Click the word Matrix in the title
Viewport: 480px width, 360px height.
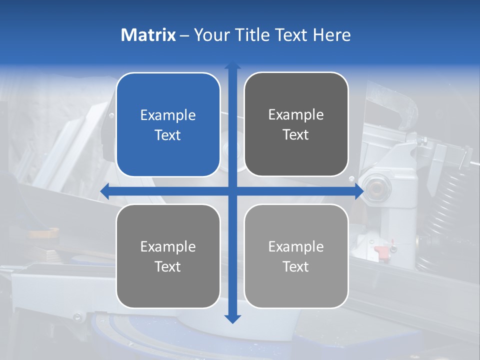click(148, 35)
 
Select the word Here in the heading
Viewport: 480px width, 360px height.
click(331, 35)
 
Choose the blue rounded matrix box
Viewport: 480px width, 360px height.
click(168, 124)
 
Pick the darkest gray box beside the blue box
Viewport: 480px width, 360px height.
click(296, 124)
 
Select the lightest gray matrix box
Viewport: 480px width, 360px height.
click(296, 256)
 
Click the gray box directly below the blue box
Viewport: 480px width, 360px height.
click(168, 256)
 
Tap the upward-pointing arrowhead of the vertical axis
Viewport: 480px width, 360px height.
click(232, 65)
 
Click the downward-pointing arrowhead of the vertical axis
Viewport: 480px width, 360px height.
click(232, 318)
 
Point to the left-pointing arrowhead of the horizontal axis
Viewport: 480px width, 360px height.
click(104, 191)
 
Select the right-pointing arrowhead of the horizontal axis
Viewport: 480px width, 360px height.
click(359, 191)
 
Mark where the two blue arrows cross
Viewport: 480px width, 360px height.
click(232, 191)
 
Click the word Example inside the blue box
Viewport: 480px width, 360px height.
click(168, 115)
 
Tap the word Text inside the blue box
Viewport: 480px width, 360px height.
click(168, 135)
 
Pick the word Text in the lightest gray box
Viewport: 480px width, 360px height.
click(296, 267)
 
